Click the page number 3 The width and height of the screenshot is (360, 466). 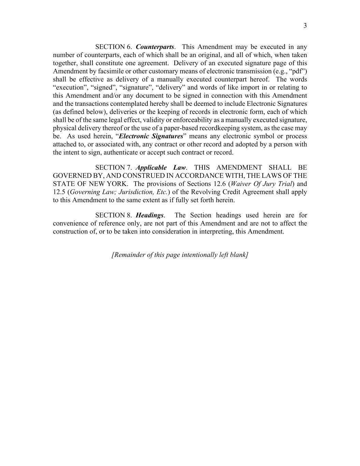(x=305, y=26)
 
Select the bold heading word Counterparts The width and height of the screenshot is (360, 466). (x=155, y=47)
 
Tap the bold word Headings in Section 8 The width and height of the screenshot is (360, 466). (x=150, y=215)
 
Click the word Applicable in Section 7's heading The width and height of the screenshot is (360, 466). (x=151, y=167)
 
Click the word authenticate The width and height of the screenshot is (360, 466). (x=119, y=153)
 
